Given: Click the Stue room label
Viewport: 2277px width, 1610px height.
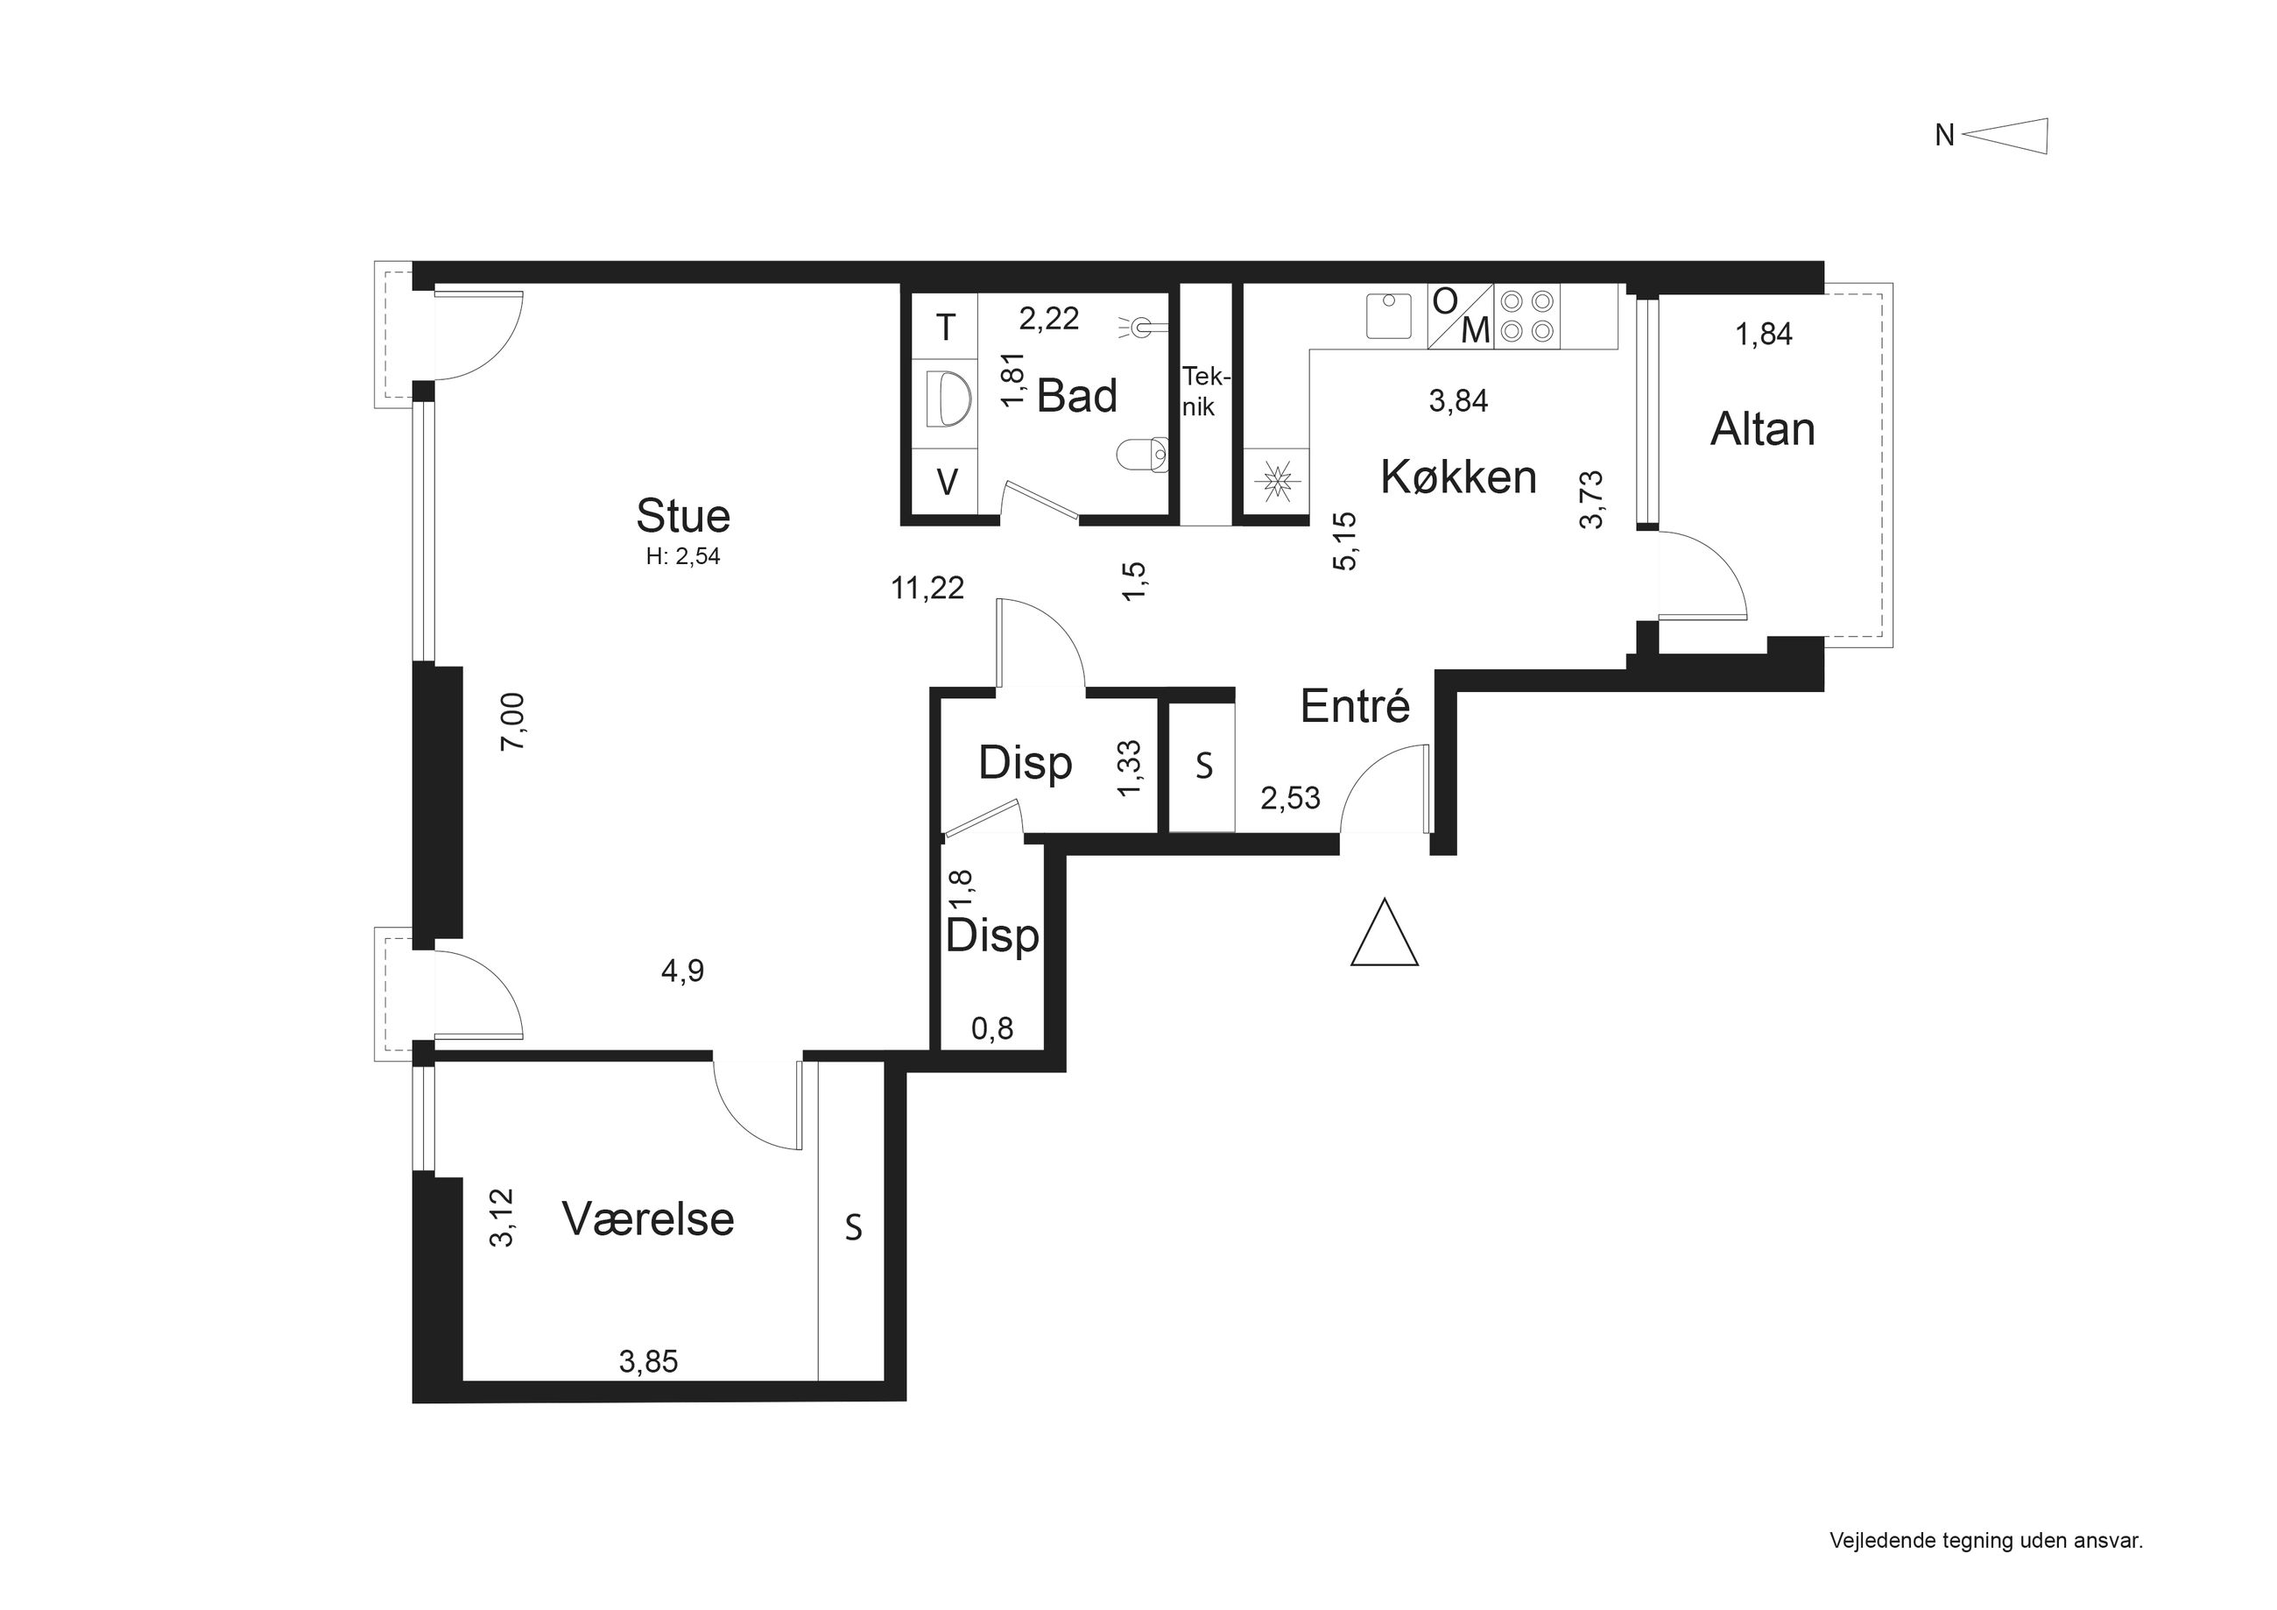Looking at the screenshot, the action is coord(682,516).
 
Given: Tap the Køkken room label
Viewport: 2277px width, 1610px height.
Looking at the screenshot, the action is coord(1459,477).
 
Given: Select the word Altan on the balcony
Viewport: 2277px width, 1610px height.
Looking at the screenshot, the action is coord(1763,429).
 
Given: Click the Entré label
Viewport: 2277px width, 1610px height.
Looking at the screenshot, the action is coord(1355,705).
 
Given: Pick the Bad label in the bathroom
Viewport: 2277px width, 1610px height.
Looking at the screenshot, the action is coord(1077,396).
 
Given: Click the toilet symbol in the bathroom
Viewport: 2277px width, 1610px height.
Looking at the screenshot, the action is coord(1143,455).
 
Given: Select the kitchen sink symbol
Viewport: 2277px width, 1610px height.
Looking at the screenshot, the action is coord(1388,315).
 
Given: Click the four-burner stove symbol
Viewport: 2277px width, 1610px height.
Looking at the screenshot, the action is coord(1527,316).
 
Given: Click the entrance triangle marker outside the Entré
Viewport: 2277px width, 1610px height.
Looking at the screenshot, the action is coord(1385,933).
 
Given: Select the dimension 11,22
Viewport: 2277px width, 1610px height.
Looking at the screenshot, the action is coord(927,589).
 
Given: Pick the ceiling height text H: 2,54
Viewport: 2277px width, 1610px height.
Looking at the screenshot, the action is coord(682,556).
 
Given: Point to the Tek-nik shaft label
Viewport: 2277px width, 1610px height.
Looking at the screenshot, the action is coord(1205,392).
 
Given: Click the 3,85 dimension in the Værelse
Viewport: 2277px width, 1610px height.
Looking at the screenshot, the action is coord(649,1362).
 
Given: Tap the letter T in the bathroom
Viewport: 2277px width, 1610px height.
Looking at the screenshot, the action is coord(946,328).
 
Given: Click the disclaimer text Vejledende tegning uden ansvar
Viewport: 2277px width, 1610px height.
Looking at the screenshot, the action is coord(1986,1541).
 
